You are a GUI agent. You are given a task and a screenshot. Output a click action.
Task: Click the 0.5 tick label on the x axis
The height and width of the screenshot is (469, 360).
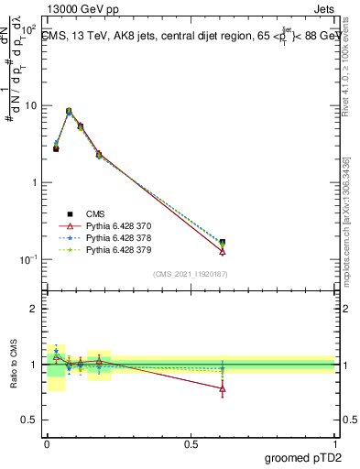(x=191, y=442)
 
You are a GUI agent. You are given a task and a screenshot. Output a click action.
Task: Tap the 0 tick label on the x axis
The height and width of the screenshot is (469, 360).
(x=47, y=442)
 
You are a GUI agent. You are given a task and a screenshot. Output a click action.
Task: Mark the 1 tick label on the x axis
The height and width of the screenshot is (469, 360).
(x=335, y=442)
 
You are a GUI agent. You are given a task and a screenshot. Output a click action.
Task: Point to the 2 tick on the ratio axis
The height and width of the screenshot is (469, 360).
(x=35, y=309)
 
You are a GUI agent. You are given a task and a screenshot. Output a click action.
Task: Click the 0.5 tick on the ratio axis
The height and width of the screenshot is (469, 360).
(x=29, y=420)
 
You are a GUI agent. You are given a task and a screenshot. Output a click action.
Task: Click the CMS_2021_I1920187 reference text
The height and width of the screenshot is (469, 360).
(x=191, y=274)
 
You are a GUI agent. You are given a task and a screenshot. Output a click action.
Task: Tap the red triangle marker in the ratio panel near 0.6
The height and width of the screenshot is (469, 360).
(x=223, y=388)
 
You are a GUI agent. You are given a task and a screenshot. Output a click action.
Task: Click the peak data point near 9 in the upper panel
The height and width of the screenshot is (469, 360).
(x=69, y=111)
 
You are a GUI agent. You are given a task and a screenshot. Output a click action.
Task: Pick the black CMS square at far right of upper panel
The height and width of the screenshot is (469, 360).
(x=223, y=243)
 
